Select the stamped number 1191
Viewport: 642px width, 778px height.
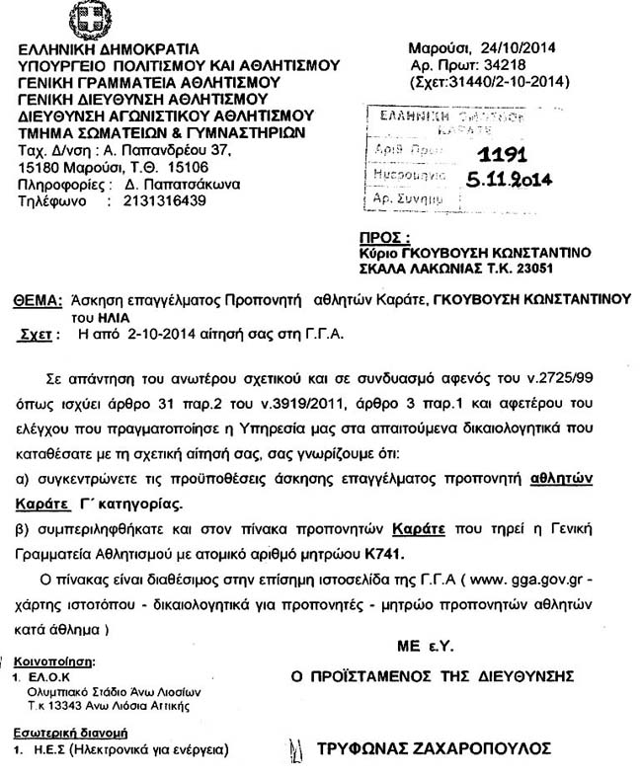503,155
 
